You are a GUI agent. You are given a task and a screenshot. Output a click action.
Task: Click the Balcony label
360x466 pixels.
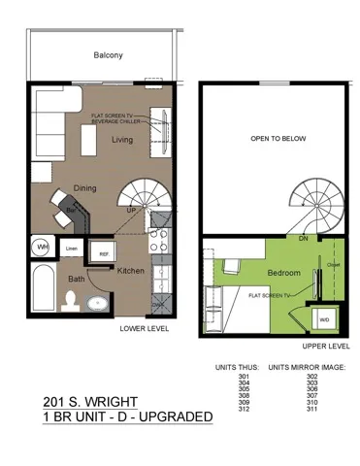108,55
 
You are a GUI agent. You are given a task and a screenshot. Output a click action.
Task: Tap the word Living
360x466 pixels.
122,140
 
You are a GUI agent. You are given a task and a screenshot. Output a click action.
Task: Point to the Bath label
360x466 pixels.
76,279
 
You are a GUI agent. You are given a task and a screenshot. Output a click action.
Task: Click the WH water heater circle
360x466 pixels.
43,248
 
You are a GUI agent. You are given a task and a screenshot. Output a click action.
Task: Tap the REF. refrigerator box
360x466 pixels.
103,252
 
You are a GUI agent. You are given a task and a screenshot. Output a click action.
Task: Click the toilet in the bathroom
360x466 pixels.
69,301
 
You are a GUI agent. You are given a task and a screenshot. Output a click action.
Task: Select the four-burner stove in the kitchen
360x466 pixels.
161,238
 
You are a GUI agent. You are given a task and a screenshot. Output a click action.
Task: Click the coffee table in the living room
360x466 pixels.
88,143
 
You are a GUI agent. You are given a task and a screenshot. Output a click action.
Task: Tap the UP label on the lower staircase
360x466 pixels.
131,209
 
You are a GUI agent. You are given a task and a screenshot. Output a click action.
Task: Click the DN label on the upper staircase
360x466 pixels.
303,238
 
